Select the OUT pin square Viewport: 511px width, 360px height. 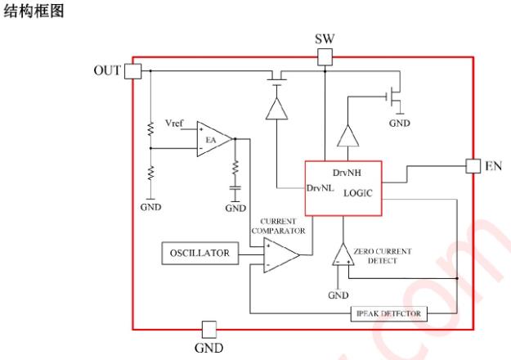(132, 71)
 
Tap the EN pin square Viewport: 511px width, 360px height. (473, 165)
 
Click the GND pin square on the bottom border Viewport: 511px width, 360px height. (209, 329)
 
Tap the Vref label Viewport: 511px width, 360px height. (174, 124)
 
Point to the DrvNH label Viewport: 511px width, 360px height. (348, 173)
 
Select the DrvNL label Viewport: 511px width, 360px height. (319, 188)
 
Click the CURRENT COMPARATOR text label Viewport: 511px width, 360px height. (283, 226)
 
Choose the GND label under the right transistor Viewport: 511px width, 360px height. (400, 124)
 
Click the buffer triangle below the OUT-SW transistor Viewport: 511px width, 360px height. (276, 110)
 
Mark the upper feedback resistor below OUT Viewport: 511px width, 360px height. (151, 128)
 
